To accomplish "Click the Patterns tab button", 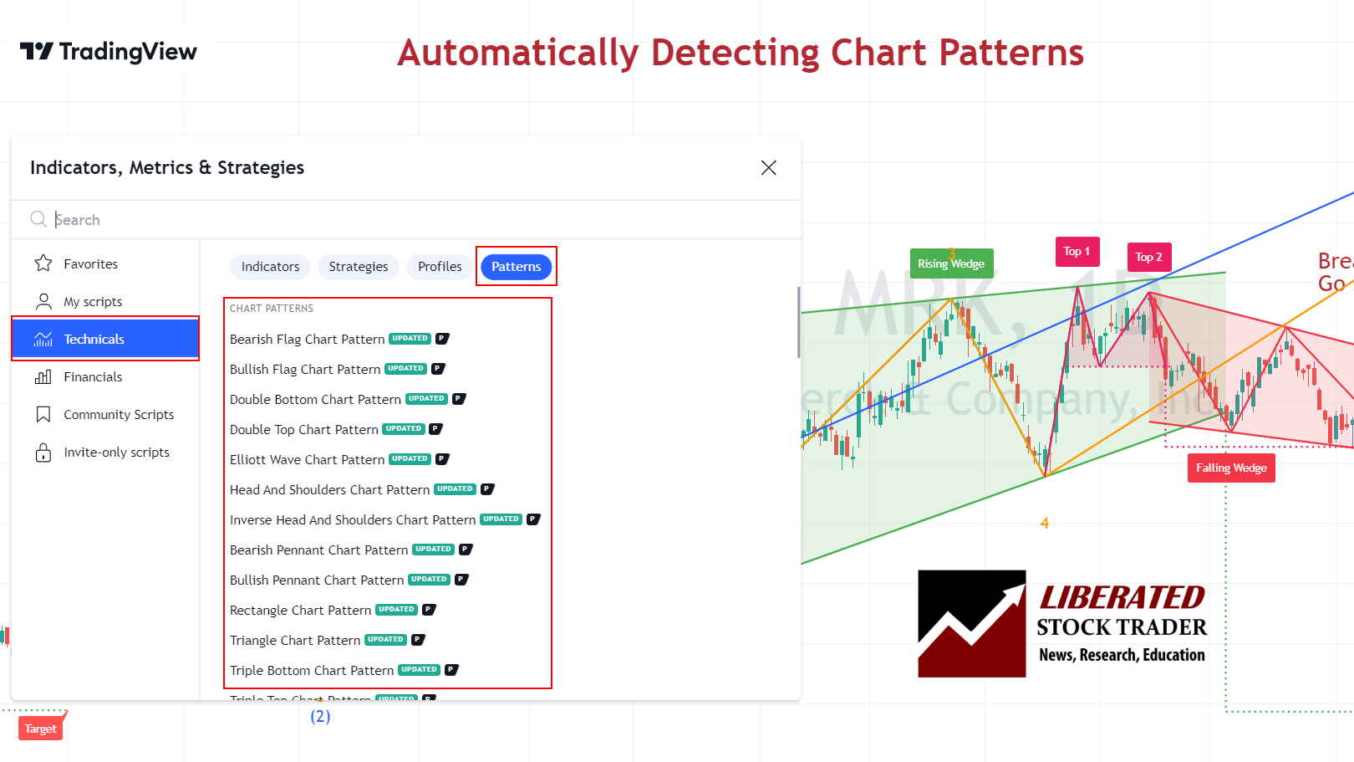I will [x=516, y=267].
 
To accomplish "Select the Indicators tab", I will [x=270, y=267].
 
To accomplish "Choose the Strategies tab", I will [x=358, y=267].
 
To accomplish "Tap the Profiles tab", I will [x=440, y=267].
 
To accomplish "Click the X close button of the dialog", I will [x=768, y=168].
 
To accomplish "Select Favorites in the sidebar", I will [x=90, y=264].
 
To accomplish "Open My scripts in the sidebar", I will [x=92, y=302].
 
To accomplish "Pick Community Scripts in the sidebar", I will [x=118, y=415].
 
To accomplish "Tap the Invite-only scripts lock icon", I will [x=43, y=453].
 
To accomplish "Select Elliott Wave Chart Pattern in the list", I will [x=307, y=460].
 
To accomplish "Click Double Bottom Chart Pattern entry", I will [x=315, y=400].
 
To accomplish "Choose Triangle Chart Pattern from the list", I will [x=295, y=641].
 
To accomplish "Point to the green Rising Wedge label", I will [x=951, y=263].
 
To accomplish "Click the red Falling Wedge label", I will [x=1230, y=468].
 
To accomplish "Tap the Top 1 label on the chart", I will [x=1077, y=252].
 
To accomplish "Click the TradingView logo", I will [x=109, y=52].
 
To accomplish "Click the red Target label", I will [x=40, y=729].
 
